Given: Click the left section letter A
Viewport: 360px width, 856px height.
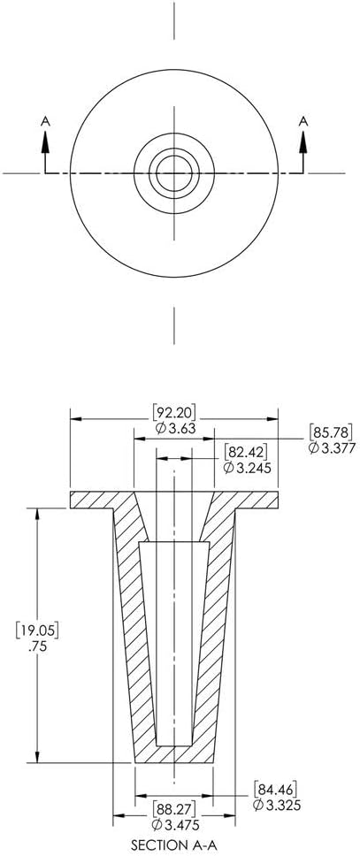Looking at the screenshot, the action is click(45, 121).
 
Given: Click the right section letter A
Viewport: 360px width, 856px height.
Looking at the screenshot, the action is click(303, 121).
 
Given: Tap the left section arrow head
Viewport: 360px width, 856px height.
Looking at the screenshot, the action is click(45, 141).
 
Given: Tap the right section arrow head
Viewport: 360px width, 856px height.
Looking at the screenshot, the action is click(303, 141).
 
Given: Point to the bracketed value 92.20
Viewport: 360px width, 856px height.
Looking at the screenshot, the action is click(174, 411).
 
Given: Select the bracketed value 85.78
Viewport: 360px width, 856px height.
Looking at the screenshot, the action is click(331, 432).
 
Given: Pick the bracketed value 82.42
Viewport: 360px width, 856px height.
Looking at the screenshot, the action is click(245, 452).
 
